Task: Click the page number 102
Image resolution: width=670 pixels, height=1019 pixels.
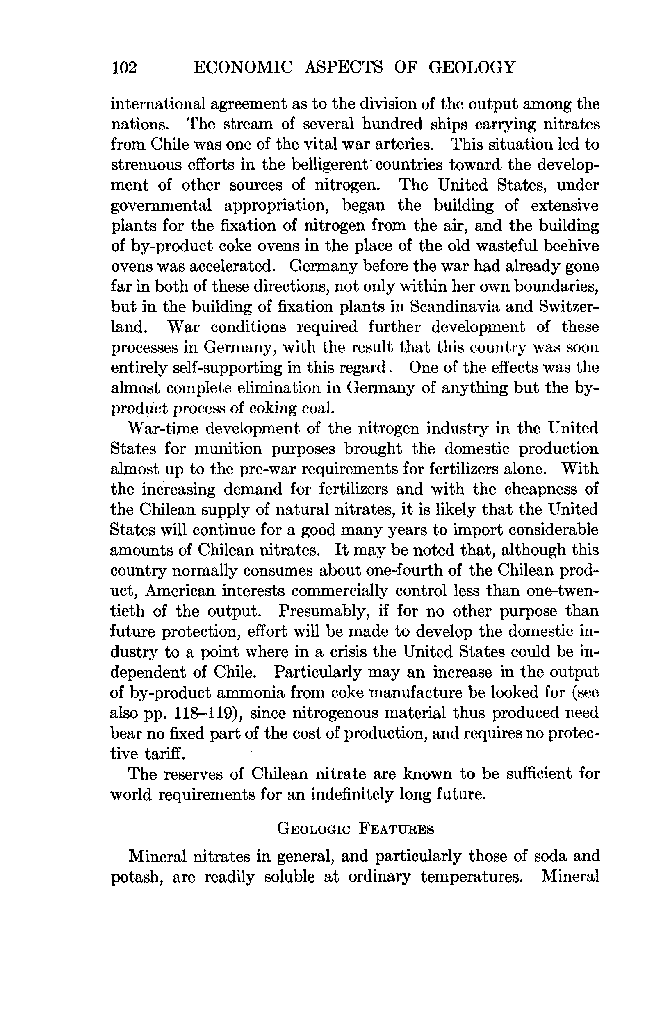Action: click(x=124, y=68)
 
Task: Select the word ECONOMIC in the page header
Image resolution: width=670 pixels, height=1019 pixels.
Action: click(x=243, y=68)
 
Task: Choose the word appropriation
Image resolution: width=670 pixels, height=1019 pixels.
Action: click(x=276, y=206)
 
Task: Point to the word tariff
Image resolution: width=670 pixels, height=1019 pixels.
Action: click(x=164, y=754)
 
